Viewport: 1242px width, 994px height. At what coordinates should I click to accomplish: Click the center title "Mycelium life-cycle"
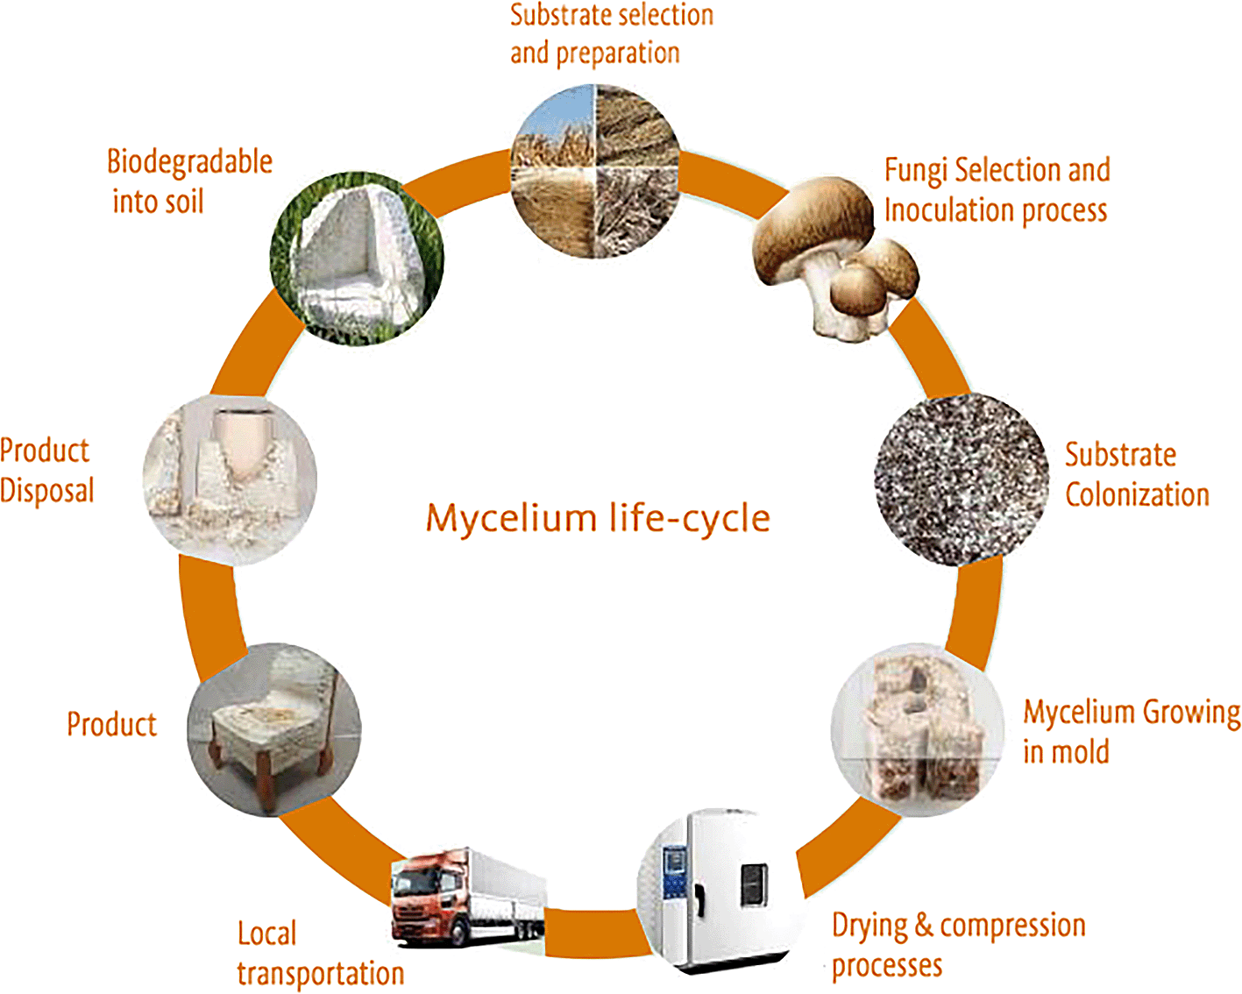(598, 518)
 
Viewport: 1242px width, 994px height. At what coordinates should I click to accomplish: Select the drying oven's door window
(755, 884)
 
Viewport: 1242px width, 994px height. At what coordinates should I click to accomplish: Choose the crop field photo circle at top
(595, 171)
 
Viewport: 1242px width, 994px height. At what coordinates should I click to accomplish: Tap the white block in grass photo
(356, 259)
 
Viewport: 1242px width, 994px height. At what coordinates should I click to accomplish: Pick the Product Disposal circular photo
(230, 478)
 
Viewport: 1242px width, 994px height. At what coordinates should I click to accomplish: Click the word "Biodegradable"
(189, 162)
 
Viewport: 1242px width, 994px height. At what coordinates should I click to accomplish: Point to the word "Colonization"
(1137, 495)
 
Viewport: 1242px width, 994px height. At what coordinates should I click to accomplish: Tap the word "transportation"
(321, 974)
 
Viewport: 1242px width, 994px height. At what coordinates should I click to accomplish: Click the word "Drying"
(869, 927)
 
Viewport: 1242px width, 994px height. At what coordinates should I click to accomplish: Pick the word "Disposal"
(46, 491)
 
